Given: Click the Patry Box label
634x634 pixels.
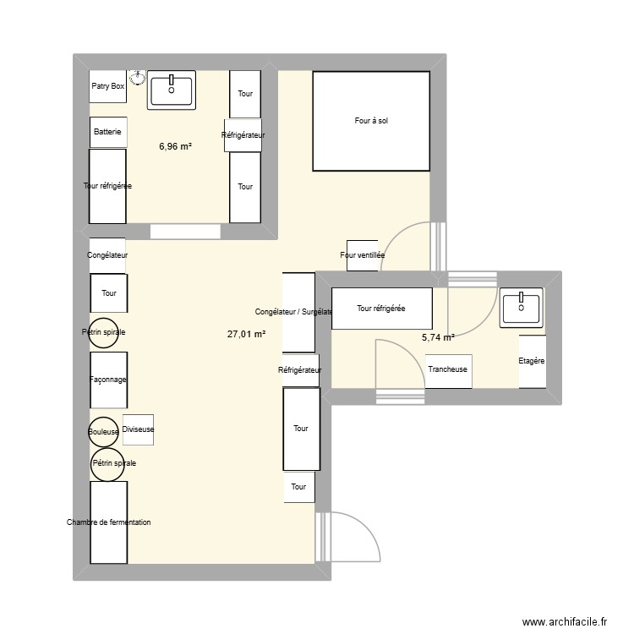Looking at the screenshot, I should (x=107, y=86).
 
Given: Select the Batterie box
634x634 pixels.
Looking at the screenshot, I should (x=108, y=132).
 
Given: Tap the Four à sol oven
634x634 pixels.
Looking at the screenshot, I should (x=371, y=121).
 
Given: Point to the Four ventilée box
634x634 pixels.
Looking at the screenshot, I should (x=362, y=255).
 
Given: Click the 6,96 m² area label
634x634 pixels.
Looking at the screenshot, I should (x=175, y=146).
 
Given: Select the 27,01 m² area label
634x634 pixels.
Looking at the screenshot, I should (x=246, y=334).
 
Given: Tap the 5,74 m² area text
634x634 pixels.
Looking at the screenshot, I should (x=438, y=337).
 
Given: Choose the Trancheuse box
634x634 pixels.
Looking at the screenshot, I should (x=448, y=370).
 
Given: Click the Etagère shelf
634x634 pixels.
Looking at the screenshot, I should (x=532, y=361).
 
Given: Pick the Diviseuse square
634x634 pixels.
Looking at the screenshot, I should (x=138, y=429).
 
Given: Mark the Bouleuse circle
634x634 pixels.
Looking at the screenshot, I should (x=104, y=432).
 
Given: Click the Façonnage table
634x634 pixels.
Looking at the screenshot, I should (x=108, y=380).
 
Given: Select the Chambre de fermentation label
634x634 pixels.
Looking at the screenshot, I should (x=108, y=522).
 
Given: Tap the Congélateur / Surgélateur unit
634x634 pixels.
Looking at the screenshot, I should (x=298, y=312).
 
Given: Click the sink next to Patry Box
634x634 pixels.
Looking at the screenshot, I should (x=172, y=90).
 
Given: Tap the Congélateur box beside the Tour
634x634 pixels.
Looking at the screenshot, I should (x=107, y=254).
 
